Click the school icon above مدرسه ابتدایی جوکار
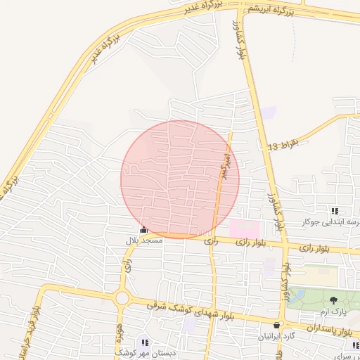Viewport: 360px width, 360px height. point(335,211)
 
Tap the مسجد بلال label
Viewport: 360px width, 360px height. point(143,240)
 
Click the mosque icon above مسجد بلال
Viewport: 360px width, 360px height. point(143,229)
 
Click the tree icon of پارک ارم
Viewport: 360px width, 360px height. point(334,300)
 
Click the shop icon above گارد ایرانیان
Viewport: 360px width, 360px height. point(277,326)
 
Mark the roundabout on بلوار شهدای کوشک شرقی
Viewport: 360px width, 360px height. point(122,298)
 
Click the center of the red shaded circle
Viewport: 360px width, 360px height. point(180,179)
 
